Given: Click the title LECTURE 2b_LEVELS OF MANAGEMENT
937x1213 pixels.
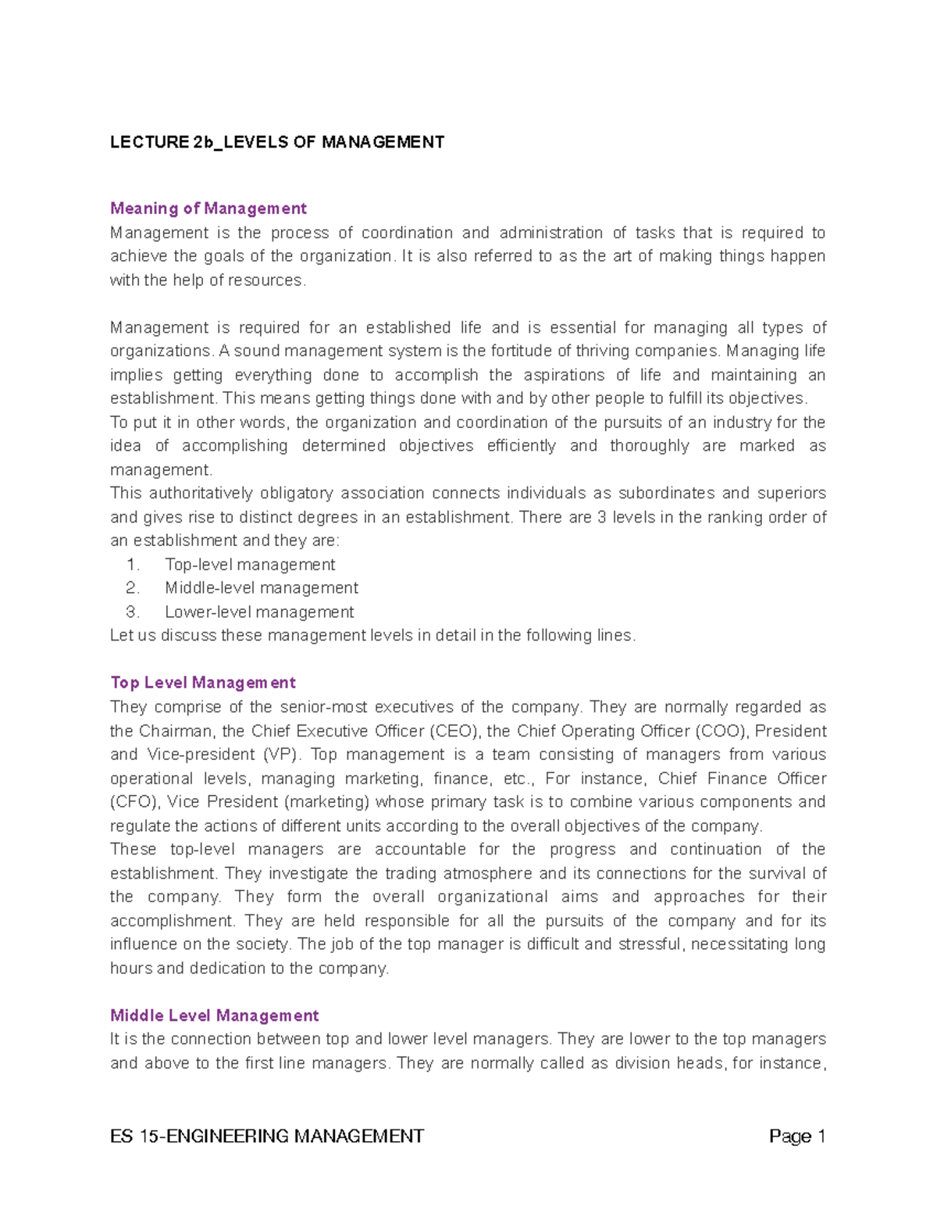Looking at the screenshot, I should [x=277, y=142].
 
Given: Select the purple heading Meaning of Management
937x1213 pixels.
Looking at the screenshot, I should [x=208, y=209].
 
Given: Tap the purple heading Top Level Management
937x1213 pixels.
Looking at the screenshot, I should [x=203, y=683].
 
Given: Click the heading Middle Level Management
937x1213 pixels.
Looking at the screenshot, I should [x=215, y=1015].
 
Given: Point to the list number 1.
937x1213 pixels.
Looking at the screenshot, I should [x=132, y=565].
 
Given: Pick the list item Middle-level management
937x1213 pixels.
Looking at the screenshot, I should [x=262, y=588].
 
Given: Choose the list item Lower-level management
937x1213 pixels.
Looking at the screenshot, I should [x=259, y=612].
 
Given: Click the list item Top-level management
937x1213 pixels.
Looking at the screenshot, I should [x=250, y=565].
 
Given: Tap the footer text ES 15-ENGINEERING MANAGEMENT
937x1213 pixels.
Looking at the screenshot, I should [x=267, y=1136].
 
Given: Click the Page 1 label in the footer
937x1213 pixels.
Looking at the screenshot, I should [x=797, y=1136].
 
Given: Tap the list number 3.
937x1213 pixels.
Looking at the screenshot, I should [x=132, y=612].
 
